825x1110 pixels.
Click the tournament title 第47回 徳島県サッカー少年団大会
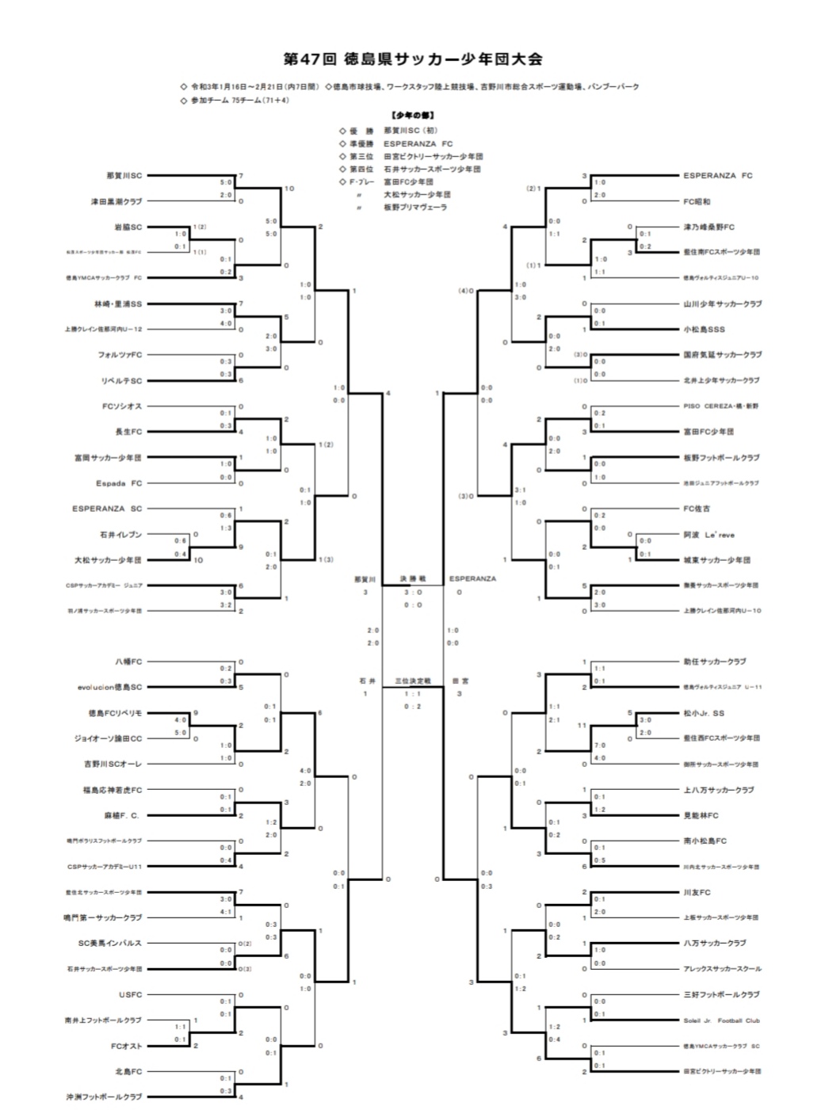tap(412, 59)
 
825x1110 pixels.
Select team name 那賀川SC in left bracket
tap(124, 175)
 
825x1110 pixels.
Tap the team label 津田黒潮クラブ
tap(116, 201)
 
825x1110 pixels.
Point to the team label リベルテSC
tap(122, 380)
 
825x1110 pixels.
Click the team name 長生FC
tap(128, 432)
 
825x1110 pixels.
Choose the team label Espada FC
tap(120, 483)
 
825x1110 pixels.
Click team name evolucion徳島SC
tap(110, 688)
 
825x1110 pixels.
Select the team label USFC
tap(132, 994)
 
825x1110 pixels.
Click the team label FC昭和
tap(697, 201)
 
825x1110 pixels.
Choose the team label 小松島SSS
tap(704, 329)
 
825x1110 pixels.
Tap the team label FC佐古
tap(697, 509)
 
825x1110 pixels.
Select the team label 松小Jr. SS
tap(704, 713)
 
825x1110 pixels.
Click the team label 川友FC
tap(697, 892)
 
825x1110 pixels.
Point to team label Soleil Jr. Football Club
tap(721, 1020)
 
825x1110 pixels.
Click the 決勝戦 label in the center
tap(412, 579)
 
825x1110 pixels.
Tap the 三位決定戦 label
tap(412, 681)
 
